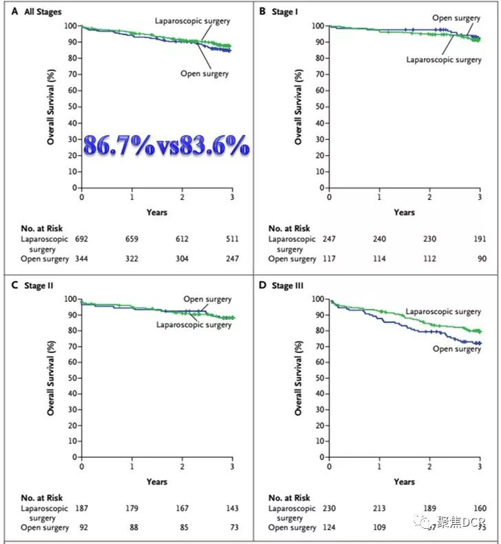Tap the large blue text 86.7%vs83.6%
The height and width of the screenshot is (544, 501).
[166, 146]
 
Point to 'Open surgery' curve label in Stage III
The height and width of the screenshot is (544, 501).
[456, 349]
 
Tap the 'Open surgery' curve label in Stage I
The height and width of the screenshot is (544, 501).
[456, 17]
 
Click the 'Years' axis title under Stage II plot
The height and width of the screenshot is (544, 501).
[156, 481]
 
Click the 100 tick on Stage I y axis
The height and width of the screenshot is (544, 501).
[316, 26]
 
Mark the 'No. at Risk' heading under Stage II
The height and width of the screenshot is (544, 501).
[41, 497]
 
